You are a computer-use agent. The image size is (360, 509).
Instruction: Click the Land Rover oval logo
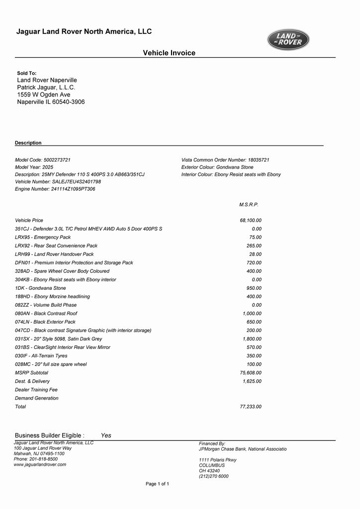[288, 40]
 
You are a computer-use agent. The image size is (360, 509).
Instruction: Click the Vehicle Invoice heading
[169, 53]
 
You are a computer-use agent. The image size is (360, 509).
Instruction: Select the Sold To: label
[27, 73]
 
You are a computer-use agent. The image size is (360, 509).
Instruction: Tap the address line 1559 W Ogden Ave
[44, 94]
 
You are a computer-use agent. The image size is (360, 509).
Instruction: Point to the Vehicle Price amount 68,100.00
[251, 220]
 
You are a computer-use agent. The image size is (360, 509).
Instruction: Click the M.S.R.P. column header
[249, 204]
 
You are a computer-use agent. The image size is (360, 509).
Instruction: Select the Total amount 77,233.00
[251, 407]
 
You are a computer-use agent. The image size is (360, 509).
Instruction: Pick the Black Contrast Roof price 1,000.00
[252, 314]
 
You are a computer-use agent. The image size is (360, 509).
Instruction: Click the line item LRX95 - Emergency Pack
[43, 237]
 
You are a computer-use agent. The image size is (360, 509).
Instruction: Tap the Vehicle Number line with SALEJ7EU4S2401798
[58, 182]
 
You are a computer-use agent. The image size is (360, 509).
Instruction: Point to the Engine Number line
[55, 189]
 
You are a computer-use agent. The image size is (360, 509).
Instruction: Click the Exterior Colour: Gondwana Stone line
[217, 168]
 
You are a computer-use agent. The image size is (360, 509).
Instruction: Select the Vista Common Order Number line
[225, 160]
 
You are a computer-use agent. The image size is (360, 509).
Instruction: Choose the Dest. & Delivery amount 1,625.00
[252, 381]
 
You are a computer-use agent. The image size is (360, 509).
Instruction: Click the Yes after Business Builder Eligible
[106, 435]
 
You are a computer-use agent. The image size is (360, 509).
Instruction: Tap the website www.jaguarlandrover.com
[40, 465]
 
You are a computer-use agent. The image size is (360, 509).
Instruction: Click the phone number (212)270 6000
[214, 476]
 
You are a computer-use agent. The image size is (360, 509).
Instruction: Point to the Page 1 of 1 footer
[157, 484]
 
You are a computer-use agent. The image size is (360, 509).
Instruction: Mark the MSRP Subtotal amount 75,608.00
[251, 373]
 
